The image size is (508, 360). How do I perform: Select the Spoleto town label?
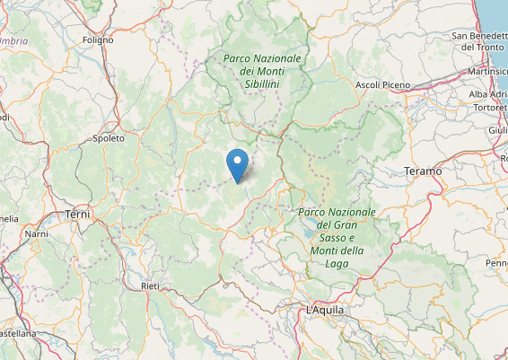tap(109, 138)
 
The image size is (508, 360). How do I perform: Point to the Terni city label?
tap(79, 215)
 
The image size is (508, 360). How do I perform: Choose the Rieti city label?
tap(150, 285)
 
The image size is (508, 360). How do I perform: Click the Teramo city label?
tap(423, 171)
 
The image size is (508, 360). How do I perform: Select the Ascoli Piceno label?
tap(383, 85)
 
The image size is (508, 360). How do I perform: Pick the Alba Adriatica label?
tap(487, 93)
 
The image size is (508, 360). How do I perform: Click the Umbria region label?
tap(13, 41)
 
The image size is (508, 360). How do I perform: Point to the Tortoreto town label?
tap(490, 108)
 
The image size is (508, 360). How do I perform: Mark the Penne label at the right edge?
tap(496, 263)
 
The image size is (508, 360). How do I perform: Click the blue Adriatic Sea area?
tap(496, 13)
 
